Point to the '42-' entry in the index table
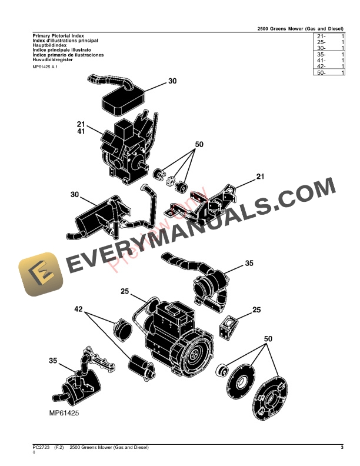point(321,66)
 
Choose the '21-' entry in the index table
point(321,36)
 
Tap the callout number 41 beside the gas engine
point(81,131)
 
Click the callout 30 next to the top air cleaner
point(172,82)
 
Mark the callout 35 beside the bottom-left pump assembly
point(53,360)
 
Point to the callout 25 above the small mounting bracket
point(256,309)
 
